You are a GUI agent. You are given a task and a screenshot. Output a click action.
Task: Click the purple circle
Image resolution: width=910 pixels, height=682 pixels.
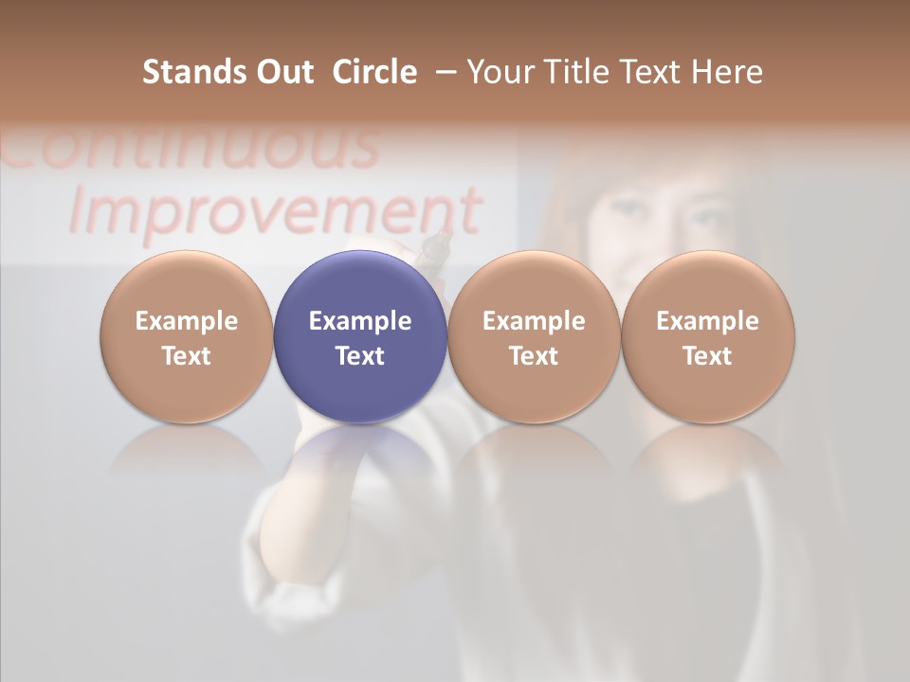coord(360,336)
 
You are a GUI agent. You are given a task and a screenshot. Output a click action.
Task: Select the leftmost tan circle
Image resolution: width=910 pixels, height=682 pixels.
coord(187,336)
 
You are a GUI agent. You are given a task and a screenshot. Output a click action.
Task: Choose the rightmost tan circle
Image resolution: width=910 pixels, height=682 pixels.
coord(708,336)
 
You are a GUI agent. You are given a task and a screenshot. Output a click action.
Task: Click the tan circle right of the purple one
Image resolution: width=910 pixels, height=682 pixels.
coord(534,336)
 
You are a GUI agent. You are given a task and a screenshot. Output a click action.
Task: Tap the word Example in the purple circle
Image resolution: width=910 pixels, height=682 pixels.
coord(360,321)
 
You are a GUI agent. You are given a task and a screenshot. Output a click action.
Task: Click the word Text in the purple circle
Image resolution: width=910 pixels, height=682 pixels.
coord(360,356)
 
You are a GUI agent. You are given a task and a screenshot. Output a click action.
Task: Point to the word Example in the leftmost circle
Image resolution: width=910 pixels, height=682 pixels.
coord(187,321)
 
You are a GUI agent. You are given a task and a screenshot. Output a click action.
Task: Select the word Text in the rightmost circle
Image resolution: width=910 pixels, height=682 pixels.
coord(708,356)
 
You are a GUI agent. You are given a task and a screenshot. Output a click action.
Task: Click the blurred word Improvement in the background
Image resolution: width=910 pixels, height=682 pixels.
coord(275,210)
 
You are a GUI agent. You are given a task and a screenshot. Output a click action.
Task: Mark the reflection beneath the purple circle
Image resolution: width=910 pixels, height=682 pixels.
coord(360,455)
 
